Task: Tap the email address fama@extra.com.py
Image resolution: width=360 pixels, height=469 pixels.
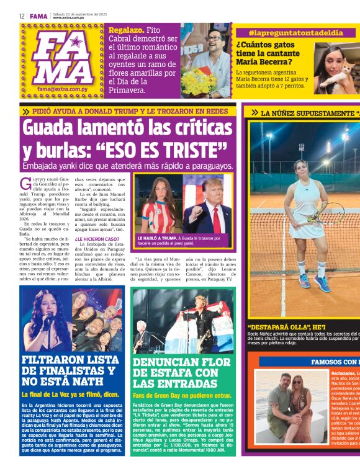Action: tap(60, 89)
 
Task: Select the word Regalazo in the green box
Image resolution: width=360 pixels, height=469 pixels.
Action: tap(127, 29)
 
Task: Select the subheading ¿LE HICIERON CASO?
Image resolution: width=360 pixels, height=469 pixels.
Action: tap(96, 238)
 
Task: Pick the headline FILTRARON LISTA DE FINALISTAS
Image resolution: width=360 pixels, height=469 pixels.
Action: tap(68, 370)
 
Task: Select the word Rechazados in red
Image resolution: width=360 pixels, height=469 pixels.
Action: tap(344, 373)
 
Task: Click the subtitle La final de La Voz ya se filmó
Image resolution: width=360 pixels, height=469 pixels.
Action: tap(69, 393)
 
